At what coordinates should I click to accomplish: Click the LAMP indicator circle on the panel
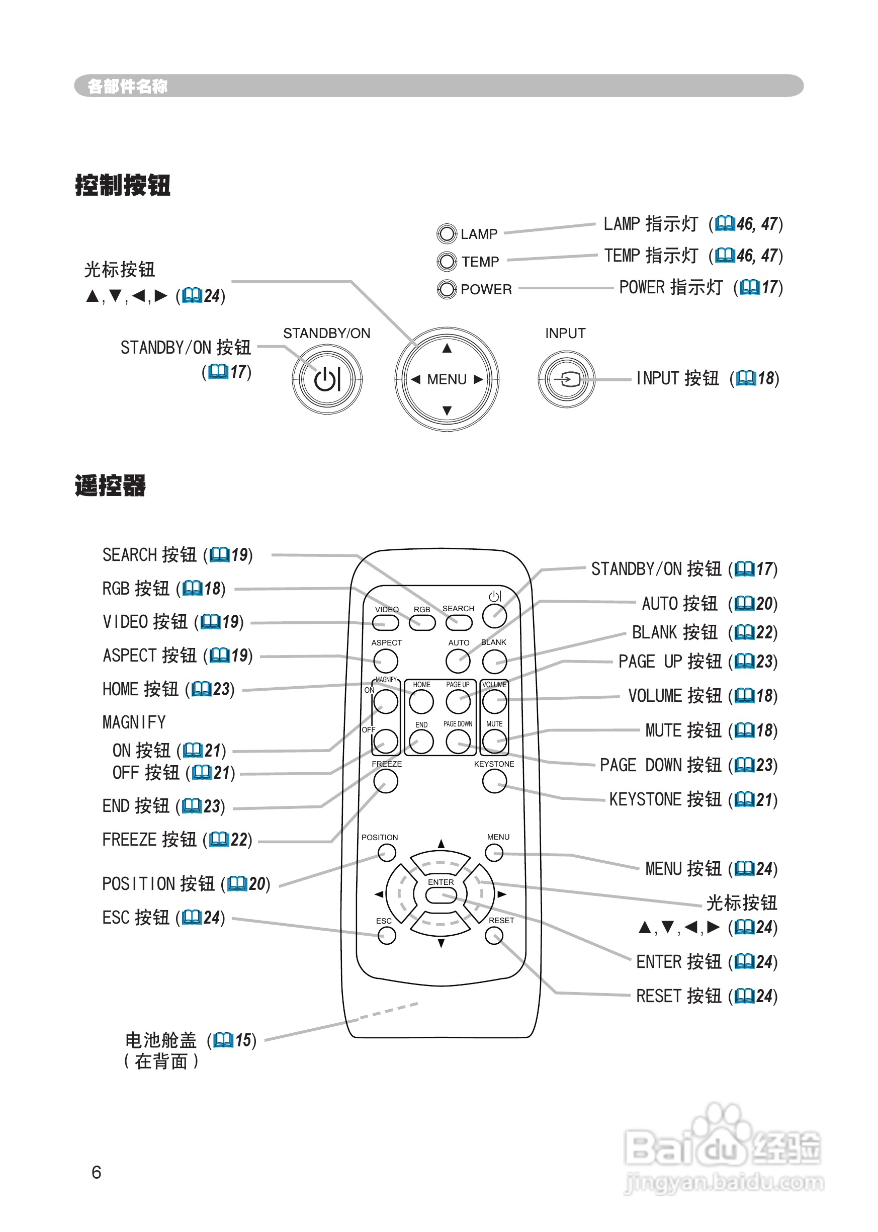pyautogui.click(x=447, y=234)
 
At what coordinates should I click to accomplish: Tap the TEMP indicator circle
pyautogui.click(x=447, y=262)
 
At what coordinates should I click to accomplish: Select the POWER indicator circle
pyautogui.click(x=447, y=289)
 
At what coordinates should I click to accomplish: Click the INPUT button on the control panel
pyautogui.click(x=566, y=379)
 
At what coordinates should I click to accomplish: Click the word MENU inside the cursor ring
pyautogui.click(x=447, y=380)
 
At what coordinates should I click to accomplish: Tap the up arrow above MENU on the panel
pyautogui.click(x=447, y=349)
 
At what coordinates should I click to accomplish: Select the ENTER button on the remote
pyautogui.click(x=441, y=895)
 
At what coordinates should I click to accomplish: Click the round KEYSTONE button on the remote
pyautogui.click(x=494, y=781)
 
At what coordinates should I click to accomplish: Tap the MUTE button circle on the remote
pyautogui.click(x=494, y=742)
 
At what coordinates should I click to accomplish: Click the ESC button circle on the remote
pyautogui.click(x=387, y=936)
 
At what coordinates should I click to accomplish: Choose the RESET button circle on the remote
pyautogui.click(x=494, y=936)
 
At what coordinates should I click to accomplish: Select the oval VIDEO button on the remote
pyautogui.click(x=386, y=623)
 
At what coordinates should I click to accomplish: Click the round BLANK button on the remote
pyautogui.click(x=494, y=661)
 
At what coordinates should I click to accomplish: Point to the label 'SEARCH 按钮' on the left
pyautogui.click(x=149, y=555)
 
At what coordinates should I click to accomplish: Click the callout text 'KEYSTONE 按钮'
pyautogui.click(x=665, y=799)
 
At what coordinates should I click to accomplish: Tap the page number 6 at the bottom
pyautogui.click(x=96, y=1173)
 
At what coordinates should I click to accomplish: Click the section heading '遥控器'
pyautogui.click(x=110, y=485)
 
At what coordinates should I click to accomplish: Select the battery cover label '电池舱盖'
pyautogui.click(x=160, y=1040)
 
